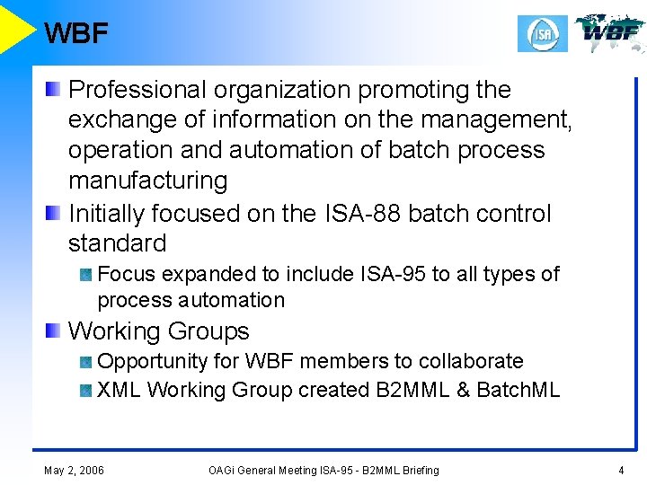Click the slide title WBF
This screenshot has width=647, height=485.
tap(75, 33)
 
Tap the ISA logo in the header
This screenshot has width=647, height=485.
tap(543, 35)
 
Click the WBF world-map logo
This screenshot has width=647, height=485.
tap(610, 33)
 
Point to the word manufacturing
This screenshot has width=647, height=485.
tap(148, 181)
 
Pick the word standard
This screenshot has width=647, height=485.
tap(118, 243)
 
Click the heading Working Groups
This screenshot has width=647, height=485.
tap(159, 331)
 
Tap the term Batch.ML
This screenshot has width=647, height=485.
tap(518, 390)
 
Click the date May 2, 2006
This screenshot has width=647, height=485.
tap(74, 470)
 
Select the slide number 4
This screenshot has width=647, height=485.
tap(620, 470)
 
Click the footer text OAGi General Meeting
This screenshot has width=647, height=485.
tap(270, 470)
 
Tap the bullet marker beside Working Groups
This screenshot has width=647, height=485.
tap(54, 331)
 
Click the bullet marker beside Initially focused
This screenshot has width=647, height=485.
tap(54, 213)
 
